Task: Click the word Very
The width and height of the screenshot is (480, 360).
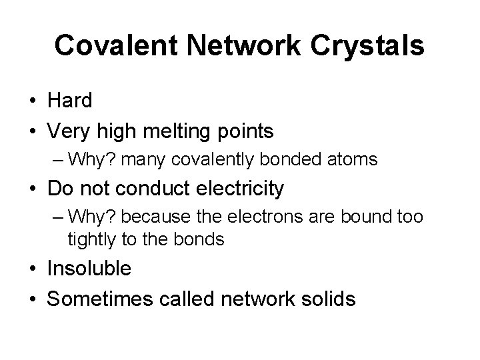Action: (x=67, y=132)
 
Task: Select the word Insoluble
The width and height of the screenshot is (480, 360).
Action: (x=89, y=269)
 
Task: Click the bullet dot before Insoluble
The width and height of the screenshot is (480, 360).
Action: (x=33, y=269)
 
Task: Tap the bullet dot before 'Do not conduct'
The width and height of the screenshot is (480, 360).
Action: (x=33, y=189)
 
